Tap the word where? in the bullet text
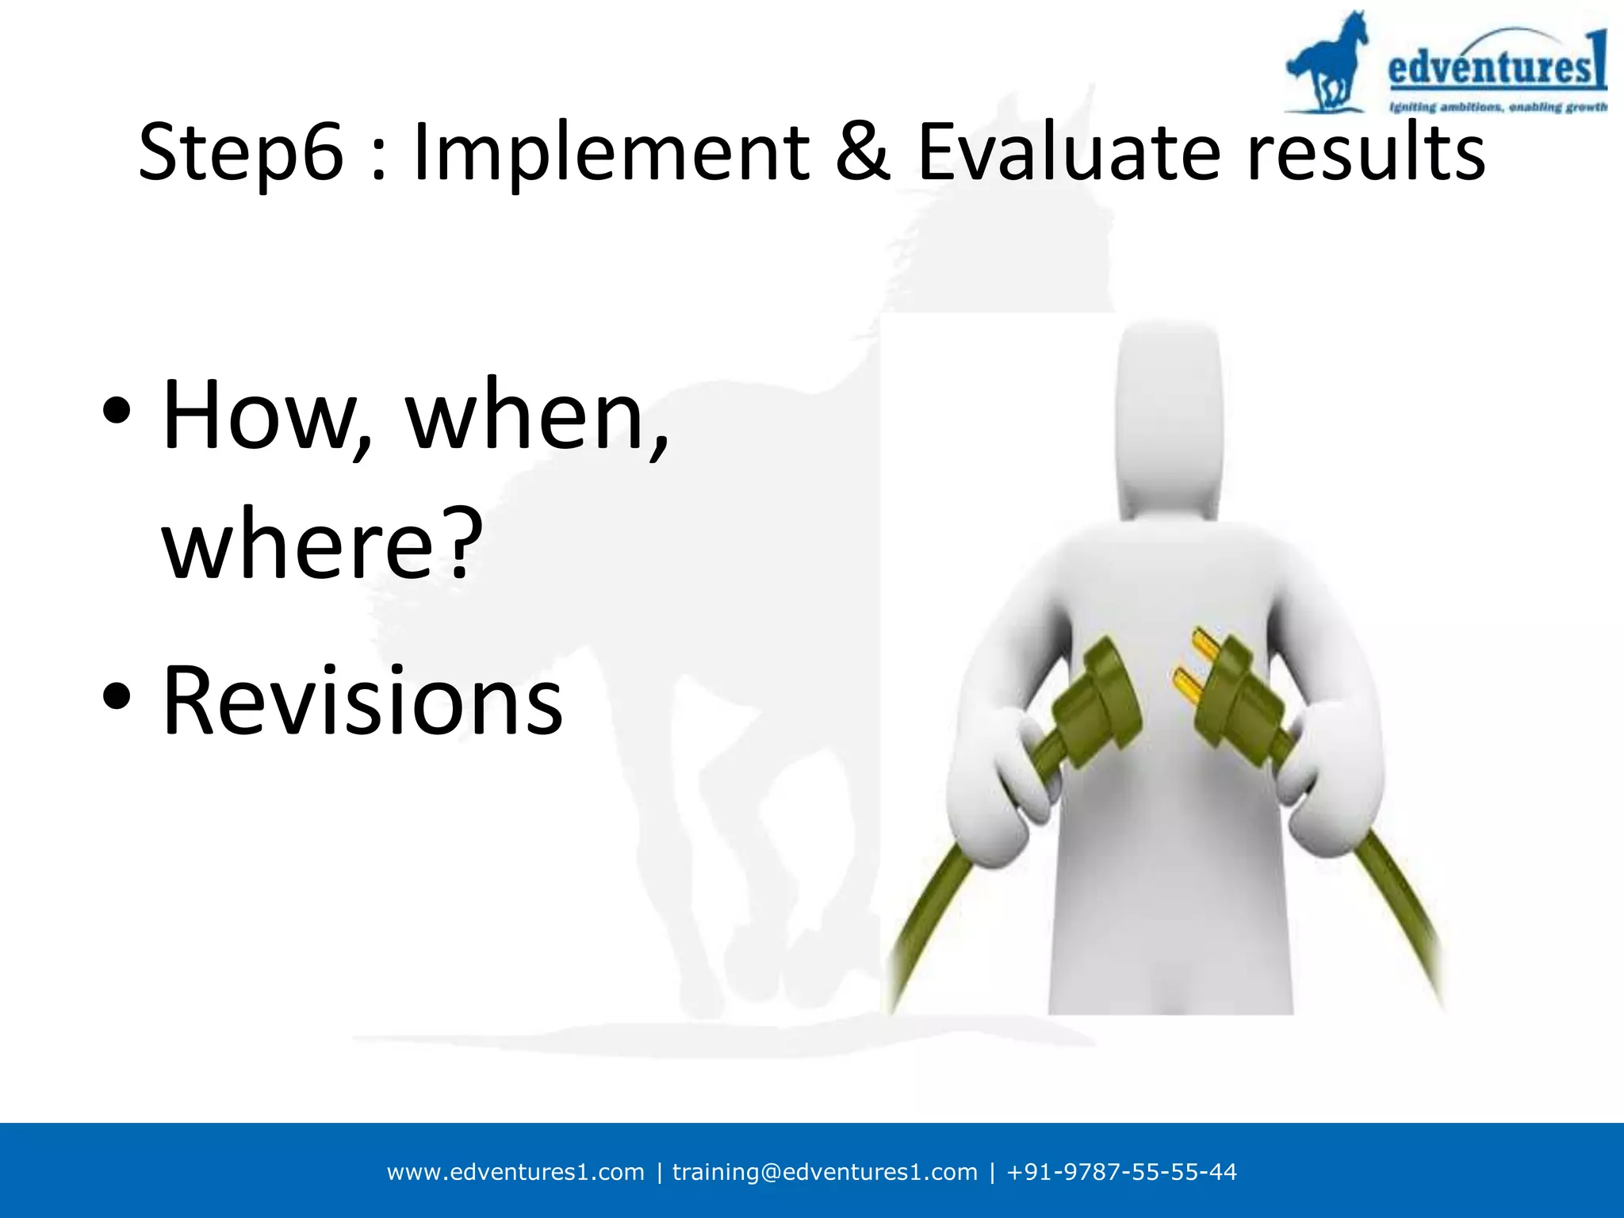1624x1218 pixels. tap(322, 544)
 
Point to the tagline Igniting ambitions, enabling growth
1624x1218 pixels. tap(1497, 107)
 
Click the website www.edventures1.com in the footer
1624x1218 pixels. tap(515, 1172)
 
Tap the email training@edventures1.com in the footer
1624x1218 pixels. tap(825, 1172)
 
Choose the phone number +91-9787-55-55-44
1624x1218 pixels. tap(1121, 1172)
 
